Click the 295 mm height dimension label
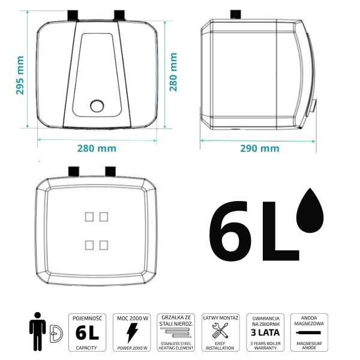20,75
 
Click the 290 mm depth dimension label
260,149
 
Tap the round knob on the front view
97,106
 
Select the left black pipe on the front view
73,16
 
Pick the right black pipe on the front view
119,16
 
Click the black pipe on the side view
236,15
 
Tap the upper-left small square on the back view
89,217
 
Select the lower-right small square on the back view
104,245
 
